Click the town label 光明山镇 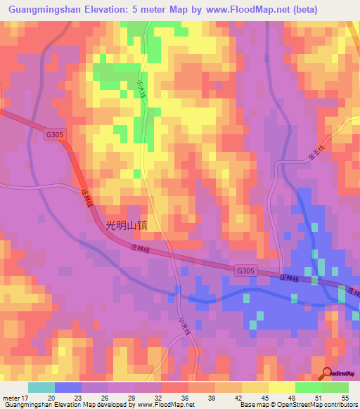tap(127, 226)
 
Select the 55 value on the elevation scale tap(345, 398)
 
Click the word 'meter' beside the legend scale tap(11, 398)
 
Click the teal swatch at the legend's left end tap(41, 387)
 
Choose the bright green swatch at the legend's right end tap(335, 387)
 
